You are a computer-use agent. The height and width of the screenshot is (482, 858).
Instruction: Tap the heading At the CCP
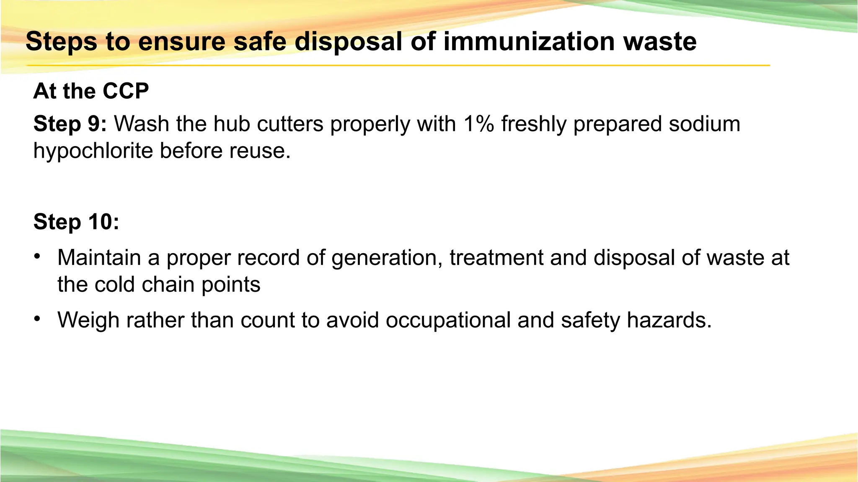click(91, 91)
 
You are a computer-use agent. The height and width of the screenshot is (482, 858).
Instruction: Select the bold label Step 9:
click(70, 124)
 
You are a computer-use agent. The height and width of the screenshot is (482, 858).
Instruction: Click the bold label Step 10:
click(76, 222)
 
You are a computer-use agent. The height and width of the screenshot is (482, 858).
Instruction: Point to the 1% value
click(478, 124)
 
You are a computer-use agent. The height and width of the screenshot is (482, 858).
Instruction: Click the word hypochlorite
click(93, 151)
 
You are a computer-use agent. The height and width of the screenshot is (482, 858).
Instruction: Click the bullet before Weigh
click(37, 319)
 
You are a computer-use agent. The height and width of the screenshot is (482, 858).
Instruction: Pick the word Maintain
click(99, 258)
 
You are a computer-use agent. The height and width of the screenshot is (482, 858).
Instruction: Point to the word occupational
click(448, 320)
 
